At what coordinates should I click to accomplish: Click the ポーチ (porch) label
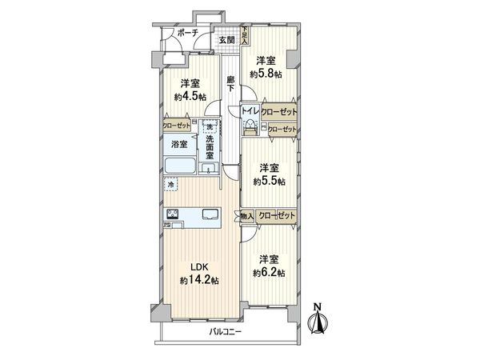189,33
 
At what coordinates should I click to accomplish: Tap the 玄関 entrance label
226,40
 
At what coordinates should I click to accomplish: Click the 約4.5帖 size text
190,97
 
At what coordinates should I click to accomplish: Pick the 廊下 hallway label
230,84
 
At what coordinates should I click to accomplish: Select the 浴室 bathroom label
178,145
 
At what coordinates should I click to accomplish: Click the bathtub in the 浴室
179,166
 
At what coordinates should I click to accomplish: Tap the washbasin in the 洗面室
209,169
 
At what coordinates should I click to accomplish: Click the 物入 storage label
247,215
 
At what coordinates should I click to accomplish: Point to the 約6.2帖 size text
269,273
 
